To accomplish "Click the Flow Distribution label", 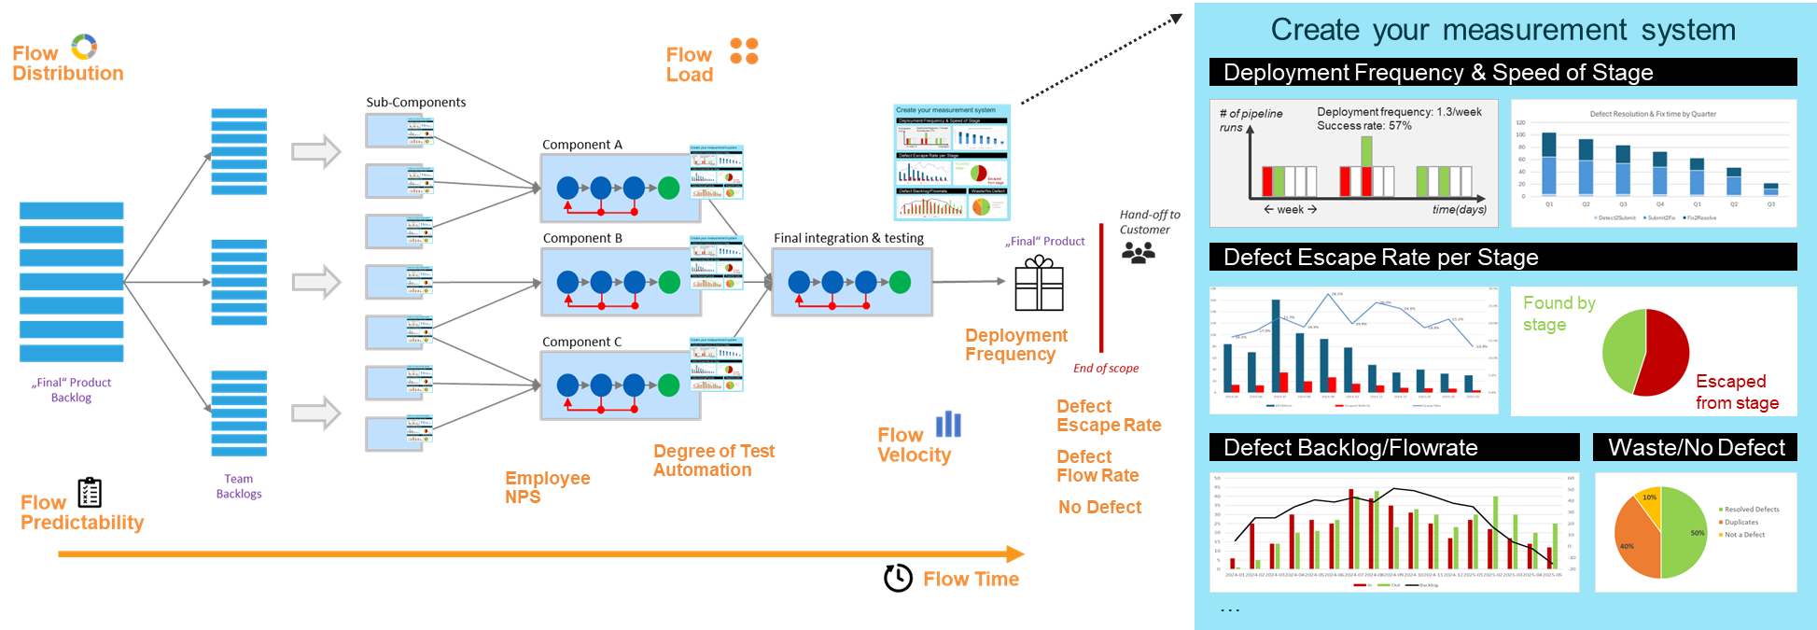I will pyautogui.click(x=67, y=63).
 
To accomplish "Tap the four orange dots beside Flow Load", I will pyautogui.click(x=744, y=51).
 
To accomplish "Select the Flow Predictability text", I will pyautogui.click(x=82, y=512).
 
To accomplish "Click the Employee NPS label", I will pyautogui.click(x=547, y=487).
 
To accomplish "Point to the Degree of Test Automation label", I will pyautogui.click(x=714, y=460).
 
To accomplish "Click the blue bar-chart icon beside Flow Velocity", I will pyautogui.click(x=948, y=424).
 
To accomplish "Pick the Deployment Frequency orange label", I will pyautogui.click(x=1015, y=344).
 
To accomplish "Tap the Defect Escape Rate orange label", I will pyautogui.click(x=1109, y=415).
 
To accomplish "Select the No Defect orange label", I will pyautogui.click(x=1099, y=507).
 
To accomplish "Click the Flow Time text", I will pyautogui.click(x=971, y=579).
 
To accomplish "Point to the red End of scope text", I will pyautogui.click(x=1106, y=369).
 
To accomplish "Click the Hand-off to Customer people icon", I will pyautogui.click(x=1138, y=252).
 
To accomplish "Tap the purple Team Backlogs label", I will pyautogui.click(x=239, y=486).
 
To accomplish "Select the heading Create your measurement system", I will pyautogui.click(x=1503, y=30).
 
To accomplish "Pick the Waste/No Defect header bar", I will pyautogui.click(x=1696, y=447).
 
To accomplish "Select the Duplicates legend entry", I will pyautogui.click(x=1741, y=522).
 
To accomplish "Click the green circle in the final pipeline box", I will pyautogui.click(x=900, y=282).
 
